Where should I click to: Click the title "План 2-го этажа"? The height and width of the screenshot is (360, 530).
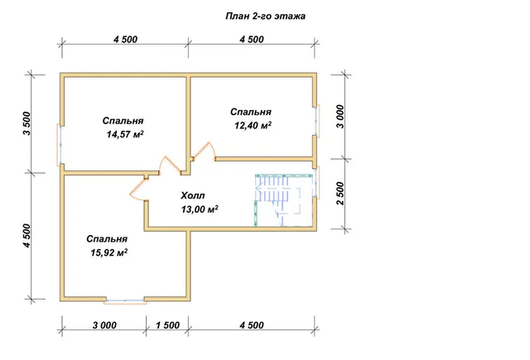click(265, 17)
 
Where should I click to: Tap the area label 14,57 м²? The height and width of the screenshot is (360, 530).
click(125, 134)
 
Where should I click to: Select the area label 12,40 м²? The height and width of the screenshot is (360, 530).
click(253, 126)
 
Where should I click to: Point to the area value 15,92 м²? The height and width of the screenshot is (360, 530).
click(108, 252)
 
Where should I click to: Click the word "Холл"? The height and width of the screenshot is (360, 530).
click(193, 195)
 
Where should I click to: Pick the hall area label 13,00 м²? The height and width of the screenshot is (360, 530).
click(200, 209)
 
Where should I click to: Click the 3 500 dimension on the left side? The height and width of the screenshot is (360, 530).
click(27, 123)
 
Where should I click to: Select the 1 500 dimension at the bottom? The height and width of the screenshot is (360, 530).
click(167, 325)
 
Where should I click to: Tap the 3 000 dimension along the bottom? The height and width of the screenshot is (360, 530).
click(104, 325)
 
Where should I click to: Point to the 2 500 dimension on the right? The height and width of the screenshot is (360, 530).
click(340, 193)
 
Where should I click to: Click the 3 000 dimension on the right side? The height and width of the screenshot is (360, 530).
click(340, 117)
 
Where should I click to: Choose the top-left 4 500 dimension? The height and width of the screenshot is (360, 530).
click(125, 40)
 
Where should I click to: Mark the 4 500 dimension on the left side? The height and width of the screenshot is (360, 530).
click(27, 236)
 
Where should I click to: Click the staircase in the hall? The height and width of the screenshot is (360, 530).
click(284, 200)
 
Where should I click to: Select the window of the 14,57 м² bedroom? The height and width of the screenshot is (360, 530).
click(59, 145)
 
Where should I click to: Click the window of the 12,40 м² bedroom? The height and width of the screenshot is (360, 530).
click(317, 120)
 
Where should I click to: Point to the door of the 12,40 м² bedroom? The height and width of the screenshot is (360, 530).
click(204, 151)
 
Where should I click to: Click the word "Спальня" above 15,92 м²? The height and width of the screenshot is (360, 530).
click(107, 239)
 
